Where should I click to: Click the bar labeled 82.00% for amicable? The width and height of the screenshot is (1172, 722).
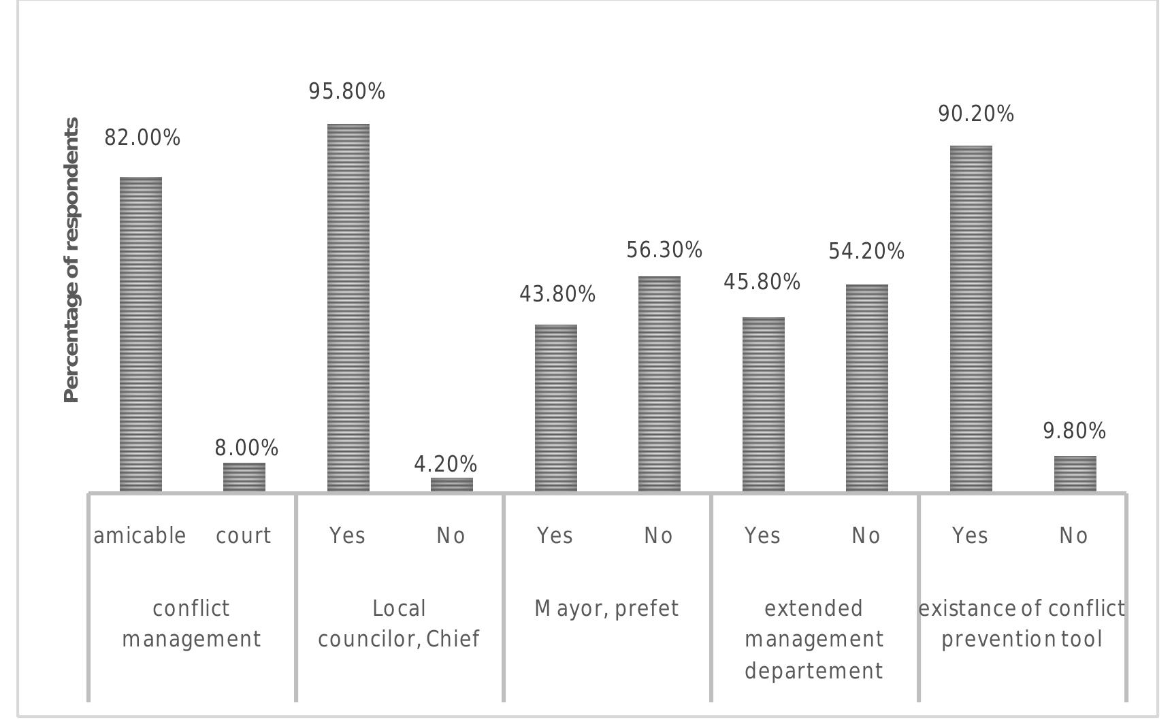point(141,334)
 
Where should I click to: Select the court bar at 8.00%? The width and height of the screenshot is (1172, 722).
point(244,477)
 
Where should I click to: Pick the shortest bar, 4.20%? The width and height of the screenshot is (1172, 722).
point(452,485)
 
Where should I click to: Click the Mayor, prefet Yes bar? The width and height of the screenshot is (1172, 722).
point(556,408)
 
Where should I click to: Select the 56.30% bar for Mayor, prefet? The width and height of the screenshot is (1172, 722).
point(660,384)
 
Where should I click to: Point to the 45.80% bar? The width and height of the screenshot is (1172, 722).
point(764,404)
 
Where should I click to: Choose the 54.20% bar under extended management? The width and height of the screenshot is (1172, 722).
point(867,388)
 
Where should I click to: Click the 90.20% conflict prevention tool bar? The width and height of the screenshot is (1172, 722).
point(971,318)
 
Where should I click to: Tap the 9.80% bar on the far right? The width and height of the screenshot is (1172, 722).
point(1075,474)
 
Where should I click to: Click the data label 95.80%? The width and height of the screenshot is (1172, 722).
point(347,91)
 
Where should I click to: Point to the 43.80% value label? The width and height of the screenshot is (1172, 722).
point(557,295)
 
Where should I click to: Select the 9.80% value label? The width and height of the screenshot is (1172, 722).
point(1075,431)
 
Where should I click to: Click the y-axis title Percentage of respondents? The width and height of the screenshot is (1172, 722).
point(71,260)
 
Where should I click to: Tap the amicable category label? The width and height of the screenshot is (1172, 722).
point(140,536)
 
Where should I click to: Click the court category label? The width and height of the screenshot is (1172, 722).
point(244,536)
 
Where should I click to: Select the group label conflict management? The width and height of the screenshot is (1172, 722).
point(191,623)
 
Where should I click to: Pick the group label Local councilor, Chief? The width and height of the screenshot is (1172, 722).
point(399,623)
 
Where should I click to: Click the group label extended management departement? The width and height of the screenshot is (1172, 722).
point(814,640)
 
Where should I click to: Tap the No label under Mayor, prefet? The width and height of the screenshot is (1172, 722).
point(659,536)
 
